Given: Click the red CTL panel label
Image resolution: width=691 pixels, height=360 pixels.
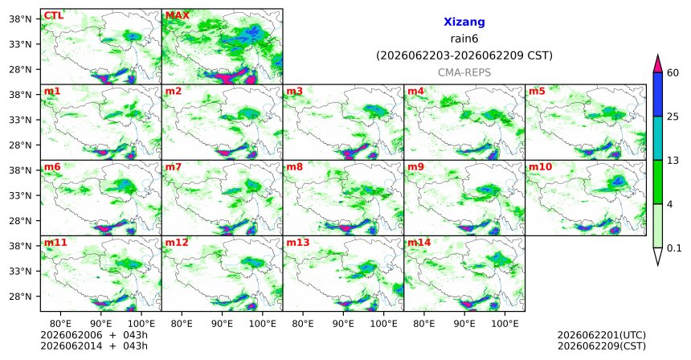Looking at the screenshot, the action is click(x=53, y=16).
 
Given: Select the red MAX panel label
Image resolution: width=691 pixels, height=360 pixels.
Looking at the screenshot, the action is click(x=177, y=16).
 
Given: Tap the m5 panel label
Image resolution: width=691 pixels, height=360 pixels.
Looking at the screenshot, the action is click(x=537, y=92).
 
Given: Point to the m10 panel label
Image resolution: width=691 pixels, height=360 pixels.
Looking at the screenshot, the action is click(x=540, y=167).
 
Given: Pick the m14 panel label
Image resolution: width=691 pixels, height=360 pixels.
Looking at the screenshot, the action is click(x=419, y=243).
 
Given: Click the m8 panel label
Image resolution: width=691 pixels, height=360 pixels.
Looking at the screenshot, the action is click(x=294, y=167).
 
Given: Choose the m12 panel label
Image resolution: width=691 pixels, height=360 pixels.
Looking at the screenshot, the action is click(x=176, y=243).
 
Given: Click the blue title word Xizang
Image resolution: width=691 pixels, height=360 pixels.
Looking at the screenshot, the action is click(x=464, y=22).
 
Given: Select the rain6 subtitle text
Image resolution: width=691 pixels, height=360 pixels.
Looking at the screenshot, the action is click(x=464, y=39).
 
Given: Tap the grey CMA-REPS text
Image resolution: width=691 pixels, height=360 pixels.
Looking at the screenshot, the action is click(x=464, y=72).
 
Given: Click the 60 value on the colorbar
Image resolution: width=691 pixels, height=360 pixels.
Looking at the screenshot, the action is click(x=673, y=72).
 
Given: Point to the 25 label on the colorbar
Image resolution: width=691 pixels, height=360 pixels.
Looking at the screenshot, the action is click(x=673, y=117).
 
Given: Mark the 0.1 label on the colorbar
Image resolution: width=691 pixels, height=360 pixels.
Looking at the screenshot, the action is click(x=674, y=248).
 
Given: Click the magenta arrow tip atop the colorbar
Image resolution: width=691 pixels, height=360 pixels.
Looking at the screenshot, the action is click(x=657, y=55).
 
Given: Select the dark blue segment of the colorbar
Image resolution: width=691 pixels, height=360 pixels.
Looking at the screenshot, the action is click(x=657, y=94).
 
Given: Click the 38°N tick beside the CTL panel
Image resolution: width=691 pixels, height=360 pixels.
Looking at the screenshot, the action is click(x=21, y=19).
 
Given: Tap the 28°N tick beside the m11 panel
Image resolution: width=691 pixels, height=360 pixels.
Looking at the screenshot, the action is click(x=21, y=296).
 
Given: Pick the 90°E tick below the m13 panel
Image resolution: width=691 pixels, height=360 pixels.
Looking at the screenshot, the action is click(x=343, y=324).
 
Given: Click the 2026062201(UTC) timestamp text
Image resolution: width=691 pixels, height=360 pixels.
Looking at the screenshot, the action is click(x=602, y=336).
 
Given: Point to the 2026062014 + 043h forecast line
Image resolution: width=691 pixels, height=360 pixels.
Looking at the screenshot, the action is click(x=94, y=346).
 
